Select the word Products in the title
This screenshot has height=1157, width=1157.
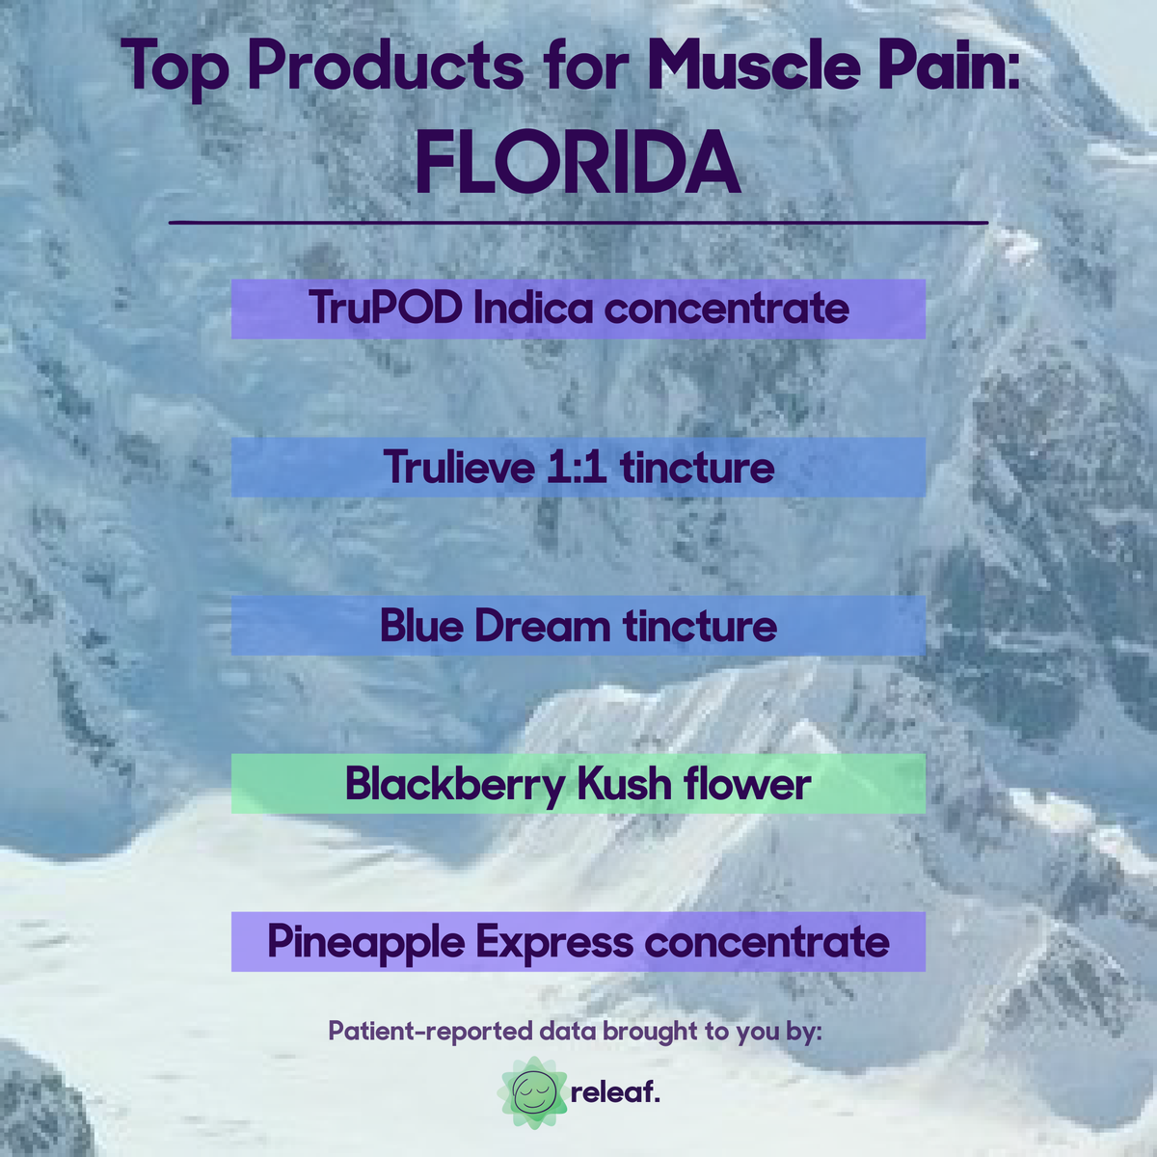click(386, 67)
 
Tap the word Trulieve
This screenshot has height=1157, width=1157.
click(459, 468)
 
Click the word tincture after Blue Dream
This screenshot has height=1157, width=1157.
click(699, 626)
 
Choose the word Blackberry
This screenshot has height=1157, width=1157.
click(454, 784)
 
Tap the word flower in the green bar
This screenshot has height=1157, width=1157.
click(747, 784)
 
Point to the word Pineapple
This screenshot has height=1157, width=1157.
click(365, 942)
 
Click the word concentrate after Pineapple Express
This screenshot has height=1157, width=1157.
click(767, 942)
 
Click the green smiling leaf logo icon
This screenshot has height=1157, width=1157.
click(533, 1092)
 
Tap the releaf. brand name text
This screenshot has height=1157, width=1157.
click(615, 1093)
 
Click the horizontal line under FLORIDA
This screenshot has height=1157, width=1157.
click(578, 222)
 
